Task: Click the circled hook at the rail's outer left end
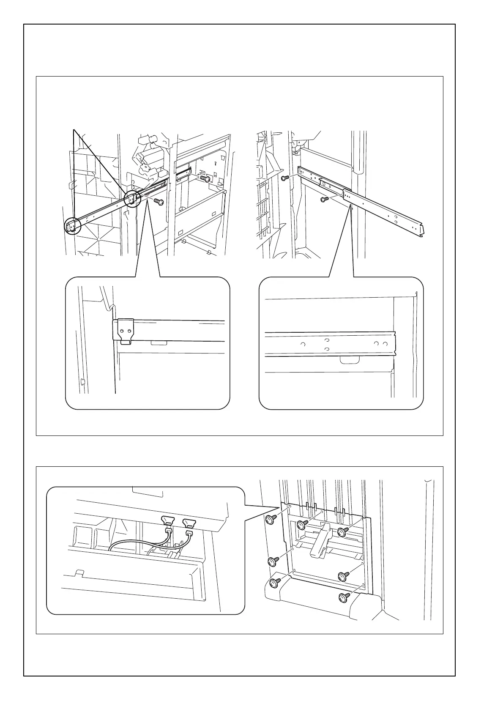(72, 226)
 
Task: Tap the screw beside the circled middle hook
(159, 201)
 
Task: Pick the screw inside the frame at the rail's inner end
(206, 178)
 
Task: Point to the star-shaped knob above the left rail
(146, 166)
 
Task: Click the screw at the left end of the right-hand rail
(285, 178)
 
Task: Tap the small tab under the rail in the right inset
(350, 360)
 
